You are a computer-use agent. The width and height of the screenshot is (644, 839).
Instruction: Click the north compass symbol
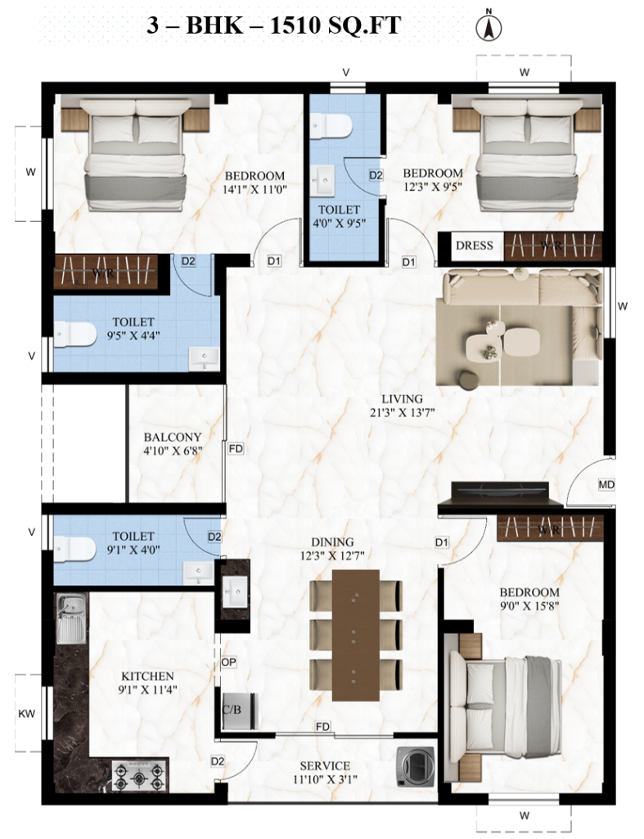[489, 27]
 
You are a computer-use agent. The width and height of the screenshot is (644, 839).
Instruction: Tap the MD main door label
[606, 485]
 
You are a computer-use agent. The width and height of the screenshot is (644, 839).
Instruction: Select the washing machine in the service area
[416, 766]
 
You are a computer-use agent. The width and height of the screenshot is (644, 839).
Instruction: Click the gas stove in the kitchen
[140, 775]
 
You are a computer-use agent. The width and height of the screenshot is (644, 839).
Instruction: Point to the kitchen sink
[71, 619]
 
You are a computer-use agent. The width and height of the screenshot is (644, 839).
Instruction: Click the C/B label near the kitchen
[232, 710]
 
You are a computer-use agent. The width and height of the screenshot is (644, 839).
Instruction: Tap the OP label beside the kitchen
[228, 662]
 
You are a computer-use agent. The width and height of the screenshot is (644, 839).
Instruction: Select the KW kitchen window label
[27, 714]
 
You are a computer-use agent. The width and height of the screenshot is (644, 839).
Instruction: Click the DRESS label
[474, 246]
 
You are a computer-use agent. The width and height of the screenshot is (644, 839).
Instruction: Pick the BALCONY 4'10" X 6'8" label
[173, 443]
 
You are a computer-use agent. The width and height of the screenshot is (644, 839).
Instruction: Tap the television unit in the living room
[499, 494]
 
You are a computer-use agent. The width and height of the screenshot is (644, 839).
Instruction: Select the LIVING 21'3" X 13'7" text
[402, 405]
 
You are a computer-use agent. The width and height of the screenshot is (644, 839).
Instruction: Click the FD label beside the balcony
[236, 448]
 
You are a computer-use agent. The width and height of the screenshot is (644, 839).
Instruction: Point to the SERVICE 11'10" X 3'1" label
[325, 772]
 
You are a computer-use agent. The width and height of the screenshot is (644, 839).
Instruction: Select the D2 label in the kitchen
[217, 761]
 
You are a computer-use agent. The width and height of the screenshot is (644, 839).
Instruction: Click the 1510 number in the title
[293, 25]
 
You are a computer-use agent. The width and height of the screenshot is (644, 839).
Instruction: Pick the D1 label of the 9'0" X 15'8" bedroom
[441, 542]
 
